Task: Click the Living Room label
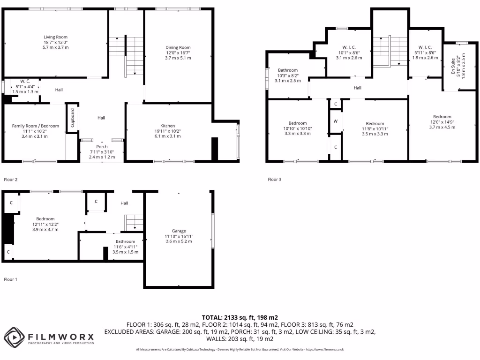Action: (56, 37)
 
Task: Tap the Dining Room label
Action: (178, 47)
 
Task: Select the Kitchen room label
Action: (168, 126)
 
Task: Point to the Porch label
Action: (102, 147)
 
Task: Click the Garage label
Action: (179, 231)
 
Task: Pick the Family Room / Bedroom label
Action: (36, 126)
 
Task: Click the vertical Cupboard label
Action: (73, 118)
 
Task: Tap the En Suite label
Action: (453, 66)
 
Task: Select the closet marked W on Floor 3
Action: (335, 121)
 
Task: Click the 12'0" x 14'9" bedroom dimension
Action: (442, 122)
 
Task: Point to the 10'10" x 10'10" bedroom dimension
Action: (298, 128)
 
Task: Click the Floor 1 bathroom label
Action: (126, 241)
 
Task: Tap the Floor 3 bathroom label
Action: (288, 70)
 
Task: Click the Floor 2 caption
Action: (11, 180)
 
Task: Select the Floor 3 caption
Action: (275, 180)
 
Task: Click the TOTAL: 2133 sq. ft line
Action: (240, 317)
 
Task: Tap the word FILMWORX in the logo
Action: (61, 336)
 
